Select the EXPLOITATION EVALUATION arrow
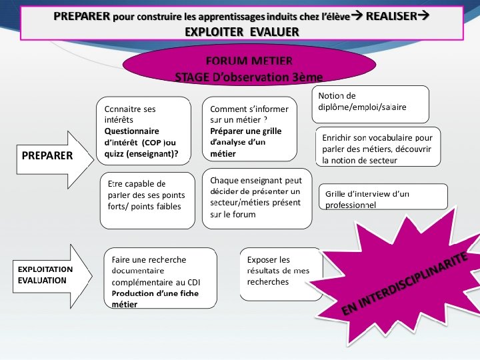[45, 275]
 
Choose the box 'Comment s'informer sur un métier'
[249, 131]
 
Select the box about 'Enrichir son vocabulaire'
[377, 147]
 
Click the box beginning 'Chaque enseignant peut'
[257, 198]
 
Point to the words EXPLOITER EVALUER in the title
[242, 31]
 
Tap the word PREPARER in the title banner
[82, 16]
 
